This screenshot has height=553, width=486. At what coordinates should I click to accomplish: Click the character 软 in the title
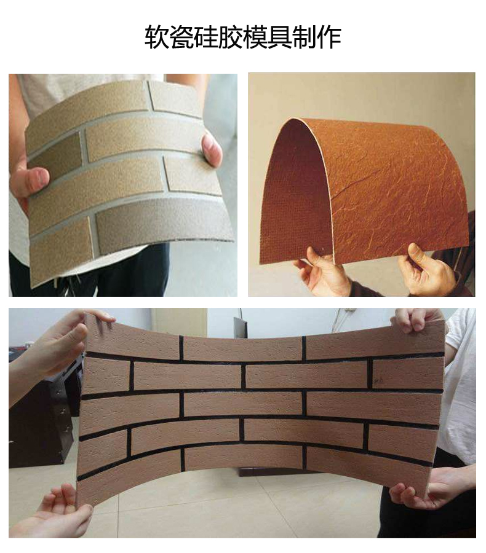[x=156, y=37]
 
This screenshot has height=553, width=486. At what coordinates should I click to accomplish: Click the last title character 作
[x=329, y=37]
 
